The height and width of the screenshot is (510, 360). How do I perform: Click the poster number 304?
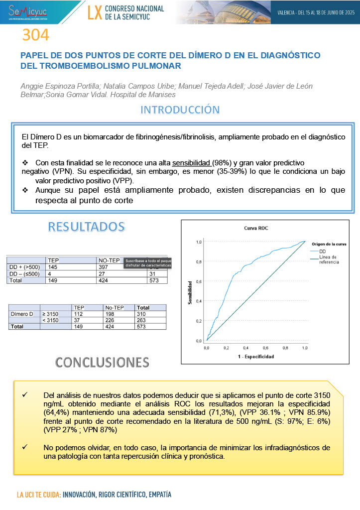(35, 35)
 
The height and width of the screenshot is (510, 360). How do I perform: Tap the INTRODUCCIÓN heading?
(180, 109)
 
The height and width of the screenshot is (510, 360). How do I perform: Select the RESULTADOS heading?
(86, 227)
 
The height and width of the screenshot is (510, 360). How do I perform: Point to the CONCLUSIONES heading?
(102, 362)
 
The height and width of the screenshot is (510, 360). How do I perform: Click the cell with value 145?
(53, 267)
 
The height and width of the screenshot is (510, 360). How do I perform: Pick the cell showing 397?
(105, 267)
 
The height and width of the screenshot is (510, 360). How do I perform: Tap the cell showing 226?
(110, 320)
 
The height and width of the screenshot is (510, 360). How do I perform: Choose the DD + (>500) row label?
(24, 267)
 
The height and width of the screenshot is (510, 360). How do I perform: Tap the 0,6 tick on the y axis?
(198, 281)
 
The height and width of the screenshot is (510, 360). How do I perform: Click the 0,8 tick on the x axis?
(285, 348)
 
